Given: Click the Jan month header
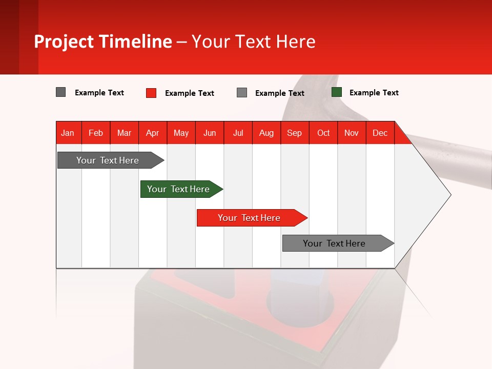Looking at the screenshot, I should click(68, 133).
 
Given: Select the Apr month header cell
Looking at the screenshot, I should click(152, 133).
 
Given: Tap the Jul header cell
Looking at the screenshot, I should click(238, 133).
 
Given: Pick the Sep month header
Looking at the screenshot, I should click(294, 133).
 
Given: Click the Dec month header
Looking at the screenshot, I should click(380, 133).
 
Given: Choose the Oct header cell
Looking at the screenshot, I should click(323, 133).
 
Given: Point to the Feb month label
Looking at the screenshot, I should click(96, 133).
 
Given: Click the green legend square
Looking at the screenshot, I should click(337, 92).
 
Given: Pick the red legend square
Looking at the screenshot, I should click(151, 93).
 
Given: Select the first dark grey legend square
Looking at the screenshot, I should click(61, 92).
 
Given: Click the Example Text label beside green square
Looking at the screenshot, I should click(374, 93).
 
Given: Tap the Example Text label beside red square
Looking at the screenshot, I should click(189, 93).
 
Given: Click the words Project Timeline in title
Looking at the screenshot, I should click(103, 42).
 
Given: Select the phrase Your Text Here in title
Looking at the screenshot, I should click(253, 42).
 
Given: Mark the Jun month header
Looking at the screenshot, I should click(210, 133).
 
